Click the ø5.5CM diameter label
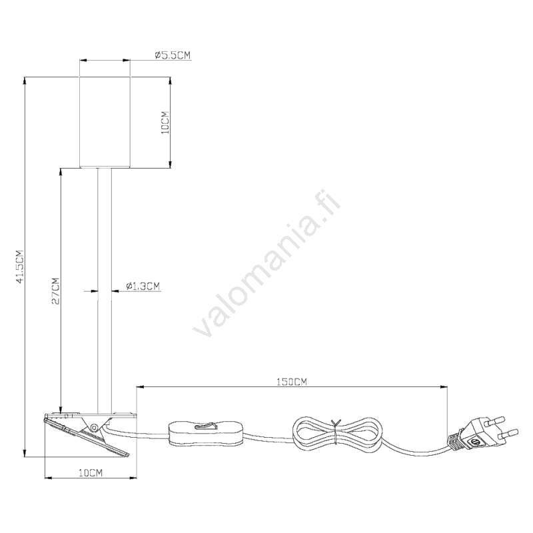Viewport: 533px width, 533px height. click(173, 55)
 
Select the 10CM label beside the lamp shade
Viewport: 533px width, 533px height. click(165, 123)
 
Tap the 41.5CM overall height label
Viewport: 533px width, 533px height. click(20, 267)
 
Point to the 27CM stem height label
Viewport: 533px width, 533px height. click(55, 291)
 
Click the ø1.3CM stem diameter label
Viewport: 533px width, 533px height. click(143, 286)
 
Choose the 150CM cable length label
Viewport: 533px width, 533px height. click(291, 382)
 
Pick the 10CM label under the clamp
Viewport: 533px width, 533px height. click(91, 472)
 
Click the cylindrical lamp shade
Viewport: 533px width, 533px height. click(105, 123)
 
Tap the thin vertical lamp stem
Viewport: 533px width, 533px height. click(105, 291)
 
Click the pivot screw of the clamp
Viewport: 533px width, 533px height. click(94, 426)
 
